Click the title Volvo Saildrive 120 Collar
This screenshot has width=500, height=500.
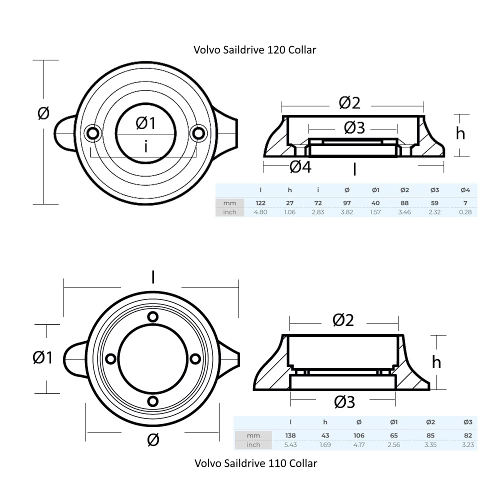(254, 50)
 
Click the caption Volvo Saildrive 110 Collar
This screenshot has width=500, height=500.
(255, 463)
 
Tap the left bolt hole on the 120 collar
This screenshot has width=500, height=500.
(92, 133)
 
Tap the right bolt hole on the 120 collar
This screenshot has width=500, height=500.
(199, 133)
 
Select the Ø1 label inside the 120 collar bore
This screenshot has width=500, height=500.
(145, 123)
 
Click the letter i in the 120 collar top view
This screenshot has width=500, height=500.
(145, 146)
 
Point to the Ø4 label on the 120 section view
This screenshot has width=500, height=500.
(300, 167)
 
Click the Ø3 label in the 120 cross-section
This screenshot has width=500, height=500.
(354, 128)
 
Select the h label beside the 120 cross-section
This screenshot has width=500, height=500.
(460, 133)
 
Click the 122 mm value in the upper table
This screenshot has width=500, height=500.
(260, 203)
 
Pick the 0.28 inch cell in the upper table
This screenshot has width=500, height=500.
(464, 212)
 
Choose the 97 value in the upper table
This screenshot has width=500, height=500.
(347, 203)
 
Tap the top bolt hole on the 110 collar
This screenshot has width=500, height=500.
(153, 316)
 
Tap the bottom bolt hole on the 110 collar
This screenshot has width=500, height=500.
(153, 400)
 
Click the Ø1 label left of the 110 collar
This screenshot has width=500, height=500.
(42, 357)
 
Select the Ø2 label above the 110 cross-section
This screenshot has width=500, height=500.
(343, 320)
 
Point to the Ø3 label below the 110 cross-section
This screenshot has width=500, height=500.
(344, 401)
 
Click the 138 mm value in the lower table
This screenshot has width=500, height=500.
(290, 435)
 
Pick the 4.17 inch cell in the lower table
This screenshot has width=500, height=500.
(359, 444)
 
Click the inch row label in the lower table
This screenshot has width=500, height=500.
(253, 444)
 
